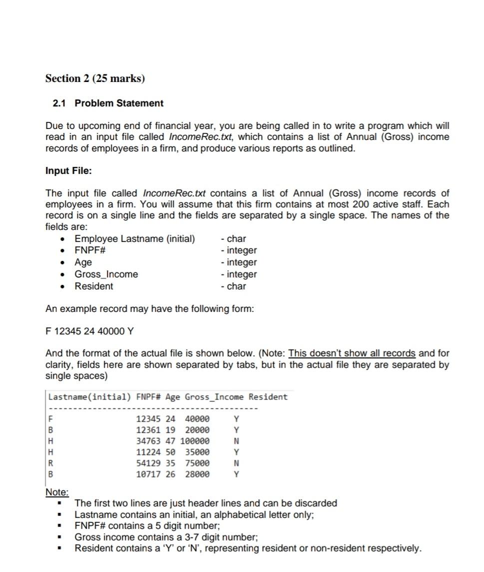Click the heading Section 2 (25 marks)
pos(95,78)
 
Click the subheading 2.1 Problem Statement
pos(108,103)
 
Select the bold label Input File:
pos(68,171)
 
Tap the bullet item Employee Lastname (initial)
pos(135,238)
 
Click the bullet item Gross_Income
pos(106,274)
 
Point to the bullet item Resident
pos(93,286)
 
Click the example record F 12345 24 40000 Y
pos(89,331)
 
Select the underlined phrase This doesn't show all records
pos(352,353)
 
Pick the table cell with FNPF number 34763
pos(148,441)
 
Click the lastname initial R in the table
pos(50,463)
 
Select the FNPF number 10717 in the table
pos(148,474)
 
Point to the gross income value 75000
pos(197,463)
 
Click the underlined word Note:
pos(57,492)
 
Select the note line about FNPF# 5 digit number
pos(147,526)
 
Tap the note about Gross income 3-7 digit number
pos(166,537)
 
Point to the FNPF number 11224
pos(148,452)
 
